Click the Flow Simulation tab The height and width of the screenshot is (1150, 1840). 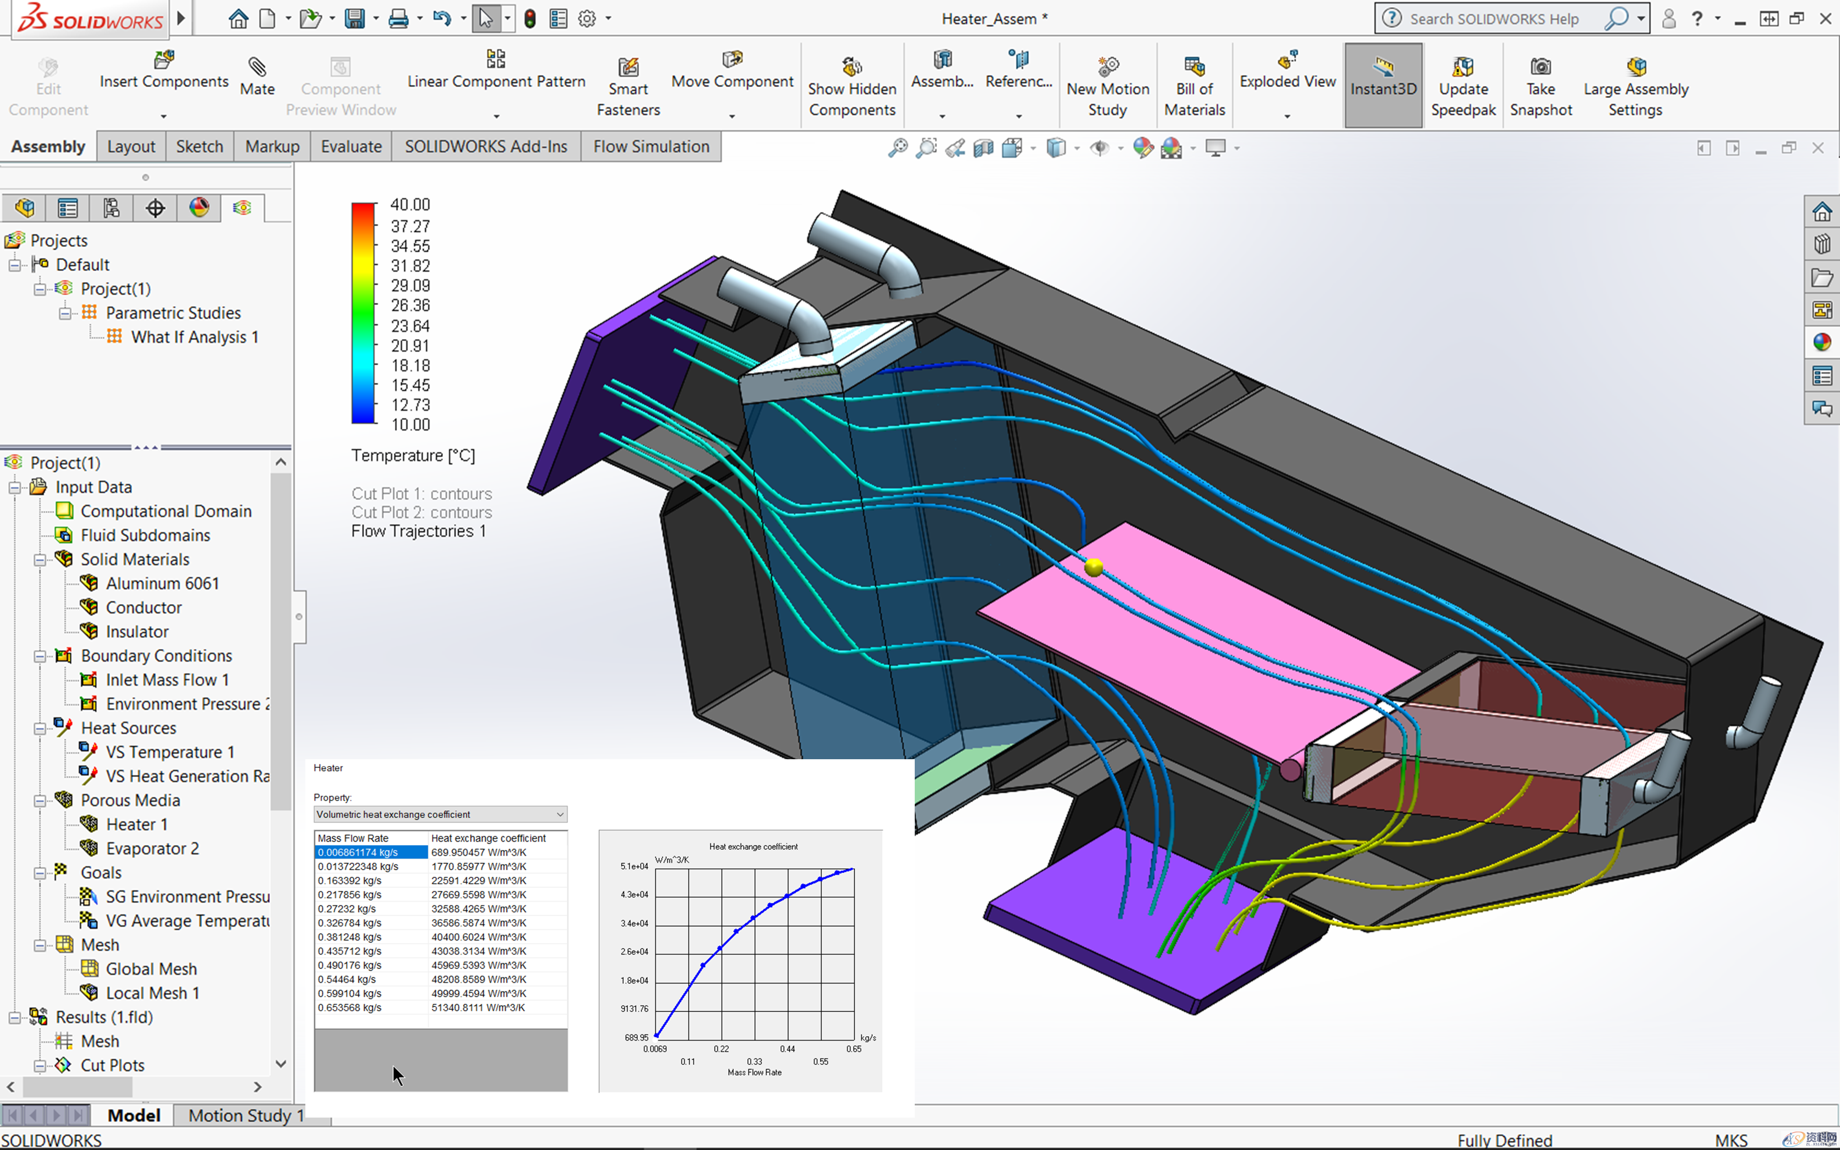[x=651, y=147]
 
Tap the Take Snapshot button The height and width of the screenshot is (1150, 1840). [x=1540, y=88]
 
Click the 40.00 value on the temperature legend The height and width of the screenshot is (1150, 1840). [x=410, y=205]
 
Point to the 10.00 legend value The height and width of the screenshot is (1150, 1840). [x=410, y=425]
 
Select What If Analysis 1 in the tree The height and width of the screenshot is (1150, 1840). [x=195, y=337]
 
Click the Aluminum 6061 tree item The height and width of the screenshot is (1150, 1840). [x=162, y=584]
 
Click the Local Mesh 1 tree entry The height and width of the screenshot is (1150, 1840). [x=152, y=993]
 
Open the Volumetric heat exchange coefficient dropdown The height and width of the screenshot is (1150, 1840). [x=440, y=814]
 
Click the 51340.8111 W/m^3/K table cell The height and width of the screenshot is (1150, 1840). [x=478, y=1008]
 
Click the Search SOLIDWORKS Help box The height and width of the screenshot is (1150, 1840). [x=1494, y=19]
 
